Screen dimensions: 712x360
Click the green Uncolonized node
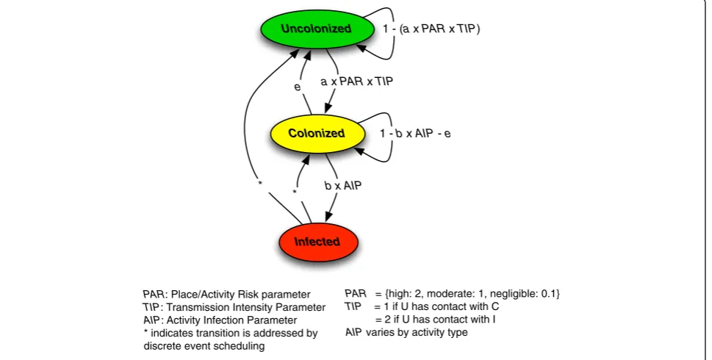tap(317, 29)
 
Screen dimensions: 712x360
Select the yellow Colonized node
tap(317, 134)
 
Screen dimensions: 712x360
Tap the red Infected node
tap(318, 242)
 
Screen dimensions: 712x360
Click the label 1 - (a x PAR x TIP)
tap(431, 29)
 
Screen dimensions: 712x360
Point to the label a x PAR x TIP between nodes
tap(357, 82)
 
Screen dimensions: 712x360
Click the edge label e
tap(298, 87)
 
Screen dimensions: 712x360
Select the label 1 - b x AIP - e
tap(415, 134)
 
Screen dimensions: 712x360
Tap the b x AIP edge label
tap(343, 185)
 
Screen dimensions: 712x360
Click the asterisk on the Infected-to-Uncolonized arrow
tap(260, 183)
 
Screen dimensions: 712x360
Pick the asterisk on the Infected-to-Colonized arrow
tap(295, 192)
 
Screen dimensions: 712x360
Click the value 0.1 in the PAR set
tap(548, 294)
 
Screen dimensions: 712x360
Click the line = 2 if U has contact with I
tap(436, 319)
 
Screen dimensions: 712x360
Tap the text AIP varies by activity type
tap(406, 332)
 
